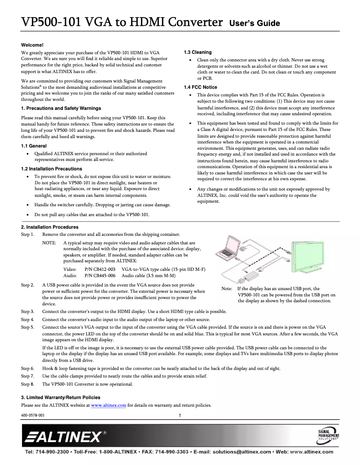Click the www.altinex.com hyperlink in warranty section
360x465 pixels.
pyautogui.click(x=109, y=405)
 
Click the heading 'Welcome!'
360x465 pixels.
pyautogui.click(x=32, y=45)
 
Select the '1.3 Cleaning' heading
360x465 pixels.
pyautogui.click(x=198, y=52)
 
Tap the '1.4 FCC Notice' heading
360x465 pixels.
pyautogui.click(x=200, y=87)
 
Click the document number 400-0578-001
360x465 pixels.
pyautogui.click(x=33, y=416)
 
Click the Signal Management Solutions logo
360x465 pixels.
pyautogui.click(x=328, y=435)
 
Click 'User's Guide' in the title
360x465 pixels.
pyautogui.click(x=255, y=23)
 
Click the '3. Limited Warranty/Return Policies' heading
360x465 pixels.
pyautogui.click(x=61, y=397)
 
